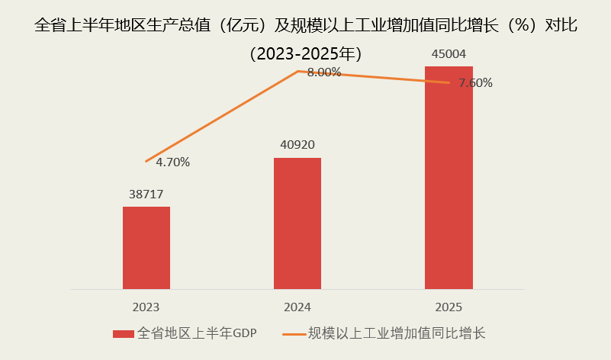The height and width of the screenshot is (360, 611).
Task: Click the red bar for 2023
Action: [x=146, y=248]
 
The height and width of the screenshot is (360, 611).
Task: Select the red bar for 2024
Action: [x=297, y=223]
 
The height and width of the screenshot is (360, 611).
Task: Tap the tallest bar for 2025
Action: [x=449, y=178]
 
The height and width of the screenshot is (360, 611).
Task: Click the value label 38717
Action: [x=146, y=194]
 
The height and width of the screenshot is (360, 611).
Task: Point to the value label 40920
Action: [x=297, y=144]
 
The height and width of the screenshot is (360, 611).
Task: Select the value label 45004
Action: [x=449, y=53]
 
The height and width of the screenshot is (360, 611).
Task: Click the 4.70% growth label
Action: [x=172, y=162]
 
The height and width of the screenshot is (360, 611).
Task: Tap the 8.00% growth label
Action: [x=323, y=72]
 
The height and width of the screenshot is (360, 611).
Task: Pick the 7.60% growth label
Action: [x=475, y=83]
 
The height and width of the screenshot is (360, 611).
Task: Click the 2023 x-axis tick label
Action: [x=146, y=307]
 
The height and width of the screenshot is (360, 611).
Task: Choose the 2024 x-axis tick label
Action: [x=297, y=307]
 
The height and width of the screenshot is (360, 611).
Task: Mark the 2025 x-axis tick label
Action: [x=449, y=307]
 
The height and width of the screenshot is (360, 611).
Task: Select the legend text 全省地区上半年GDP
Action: [x=196, y=333]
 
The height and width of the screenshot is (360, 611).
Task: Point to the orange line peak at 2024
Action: [x=297, y=72]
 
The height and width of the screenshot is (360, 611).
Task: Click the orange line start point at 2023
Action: [x=146, y=161]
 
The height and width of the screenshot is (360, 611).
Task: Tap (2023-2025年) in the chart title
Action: [x=305, y=54]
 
